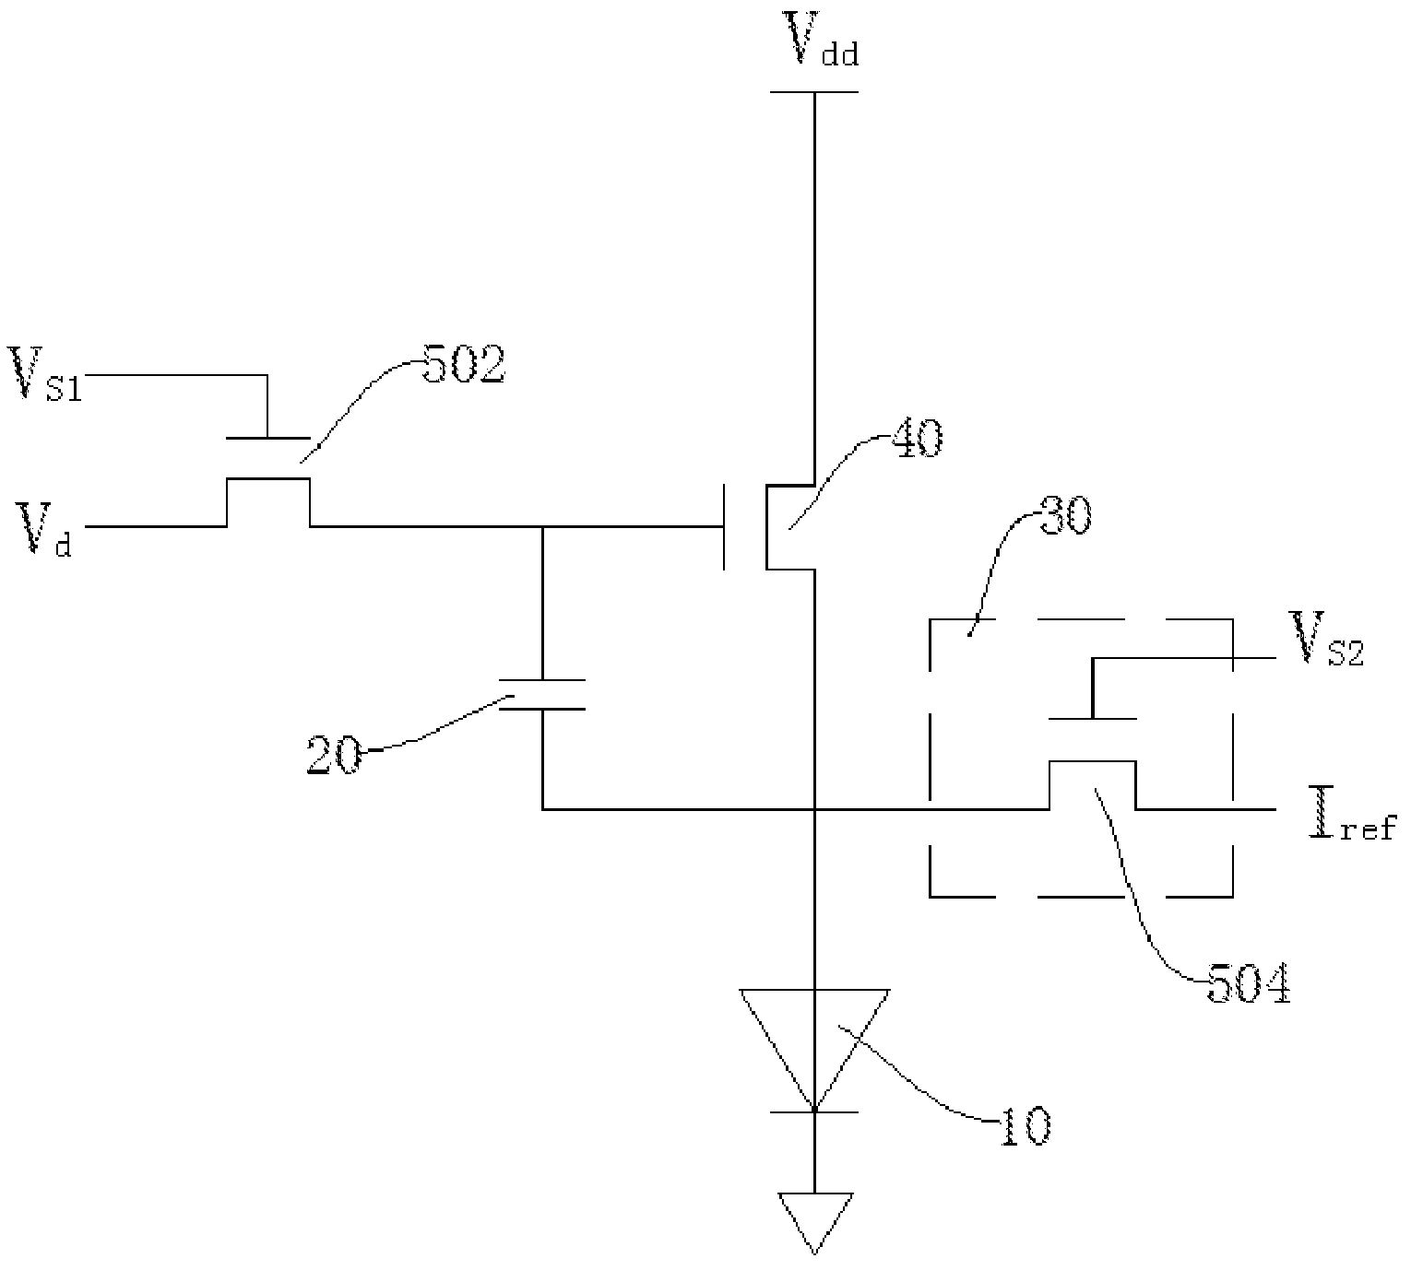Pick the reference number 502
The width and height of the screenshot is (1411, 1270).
click(x=464, y=363)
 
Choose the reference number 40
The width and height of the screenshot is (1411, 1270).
click(x=917, y=438)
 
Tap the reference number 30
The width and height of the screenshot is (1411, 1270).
click(x=1065, y=516)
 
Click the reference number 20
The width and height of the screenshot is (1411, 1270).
click(x=334, y=755)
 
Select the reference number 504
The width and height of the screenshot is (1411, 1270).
click(x=1250, y=983)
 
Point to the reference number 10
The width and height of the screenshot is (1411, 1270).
click(x=1026, y=1127)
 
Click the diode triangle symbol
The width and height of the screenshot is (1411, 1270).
click(x=814, y=1050)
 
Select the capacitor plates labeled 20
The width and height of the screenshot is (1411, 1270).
click(x=542, y=694)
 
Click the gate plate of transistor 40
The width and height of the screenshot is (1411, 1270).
click(x=725, y=526)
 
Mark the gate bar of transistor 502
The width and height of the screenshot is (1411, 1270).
click(x=267, y=438)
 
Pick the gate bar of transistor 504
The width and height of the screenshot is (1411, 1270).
click(x=1092, y=719)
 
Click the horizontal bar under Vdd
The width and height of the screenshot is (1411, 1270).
click(x=814, y=91)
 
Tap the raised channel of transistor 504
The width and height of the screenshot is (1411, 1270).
click(x=1092, y=761)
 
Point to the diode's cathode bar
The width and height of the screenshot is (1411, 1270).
click(x=814, y=1111)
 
